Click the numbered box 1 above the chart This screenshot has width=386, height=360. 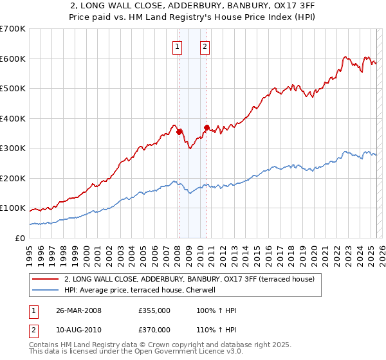(x=177, y=46)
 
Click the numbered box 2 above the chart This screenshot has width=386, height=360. (x=205, y=46)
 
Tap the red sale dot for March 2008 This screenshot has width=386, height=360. (x=179, y=132)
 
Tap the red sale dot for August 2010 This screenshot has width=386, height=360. (x=207, y=127)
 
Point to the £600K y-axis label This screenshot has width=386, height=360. (x=13, y=59)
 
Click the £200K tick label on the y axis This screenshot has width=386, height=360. (x=13, y=178)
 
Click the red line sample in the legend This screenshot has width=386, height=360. (x=45, y=279)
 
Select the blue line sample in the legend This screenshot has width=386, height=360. (x=45, y=290)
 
